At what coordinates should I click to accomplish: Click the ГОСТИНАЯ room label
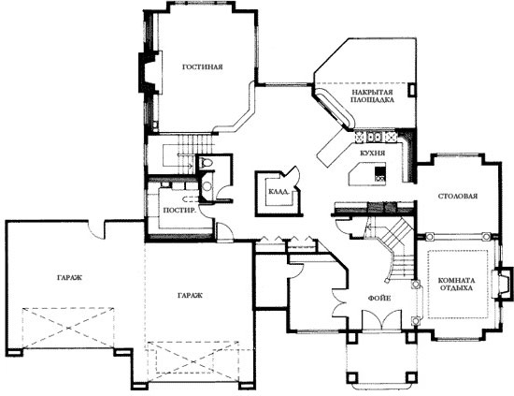pyautogui.click(x=202, y=67)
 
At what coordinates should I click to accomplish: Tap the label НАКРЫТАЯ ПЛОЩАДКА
pyautogui.click(x=372, y=95)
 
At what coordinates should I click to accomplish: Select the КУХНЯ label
pyautogui.click(x=372, y=153)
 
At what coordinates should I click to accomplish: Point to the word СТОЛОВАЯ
pyautogui.click(x=458, y=197)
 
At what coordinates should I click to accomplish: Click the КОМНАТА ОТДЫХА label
pyautogui.click(x=457, y=285)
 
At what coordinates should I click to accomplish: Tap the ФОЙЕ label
pyautogui.click(x=379, y=299)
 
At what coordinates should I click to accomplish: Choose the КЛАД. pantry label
pyautogui.click(x=278, y=191)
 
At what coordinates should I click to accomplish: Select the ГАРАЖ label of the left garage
pyautogui.click(x=69, y=278)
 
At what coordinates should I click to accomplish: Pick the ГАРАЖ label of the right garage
pyautogui.click(x=190, y=296)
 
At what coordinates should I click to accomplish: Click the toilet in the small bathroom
pyautogui.click(x=207, y=163)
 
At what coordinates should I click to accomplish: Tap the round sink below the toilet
pyautogui.click(x=207, y=186)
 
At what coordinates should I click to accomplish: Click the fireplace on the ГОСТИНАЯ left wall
pyautogui.click(x=150, y=72)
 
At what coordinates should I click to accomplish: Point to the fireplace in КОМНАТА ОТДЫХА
pyautogui.click(x=502, y=284)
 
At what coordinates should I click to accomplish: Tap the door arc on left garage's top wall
pyautogui.click(x=96, y=230)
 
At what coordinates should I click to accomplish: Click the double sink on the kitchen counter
pyautogui.click(x=374, y=137)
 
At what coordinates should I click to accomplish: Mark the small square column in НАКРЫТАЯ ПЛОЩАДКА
pyautogui.click(x=411, y=90)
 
